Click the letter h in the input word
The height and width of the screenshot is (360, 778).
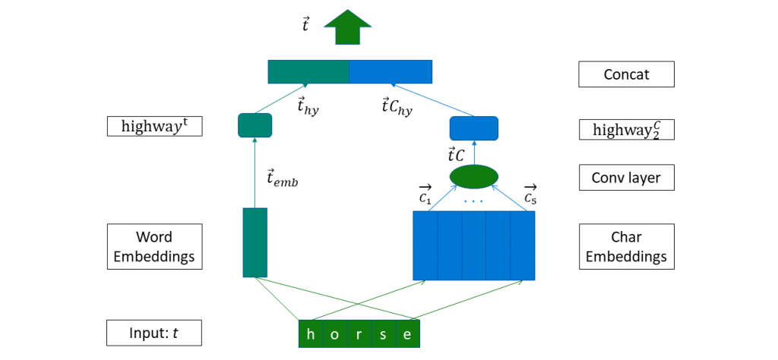[x=310, y=334]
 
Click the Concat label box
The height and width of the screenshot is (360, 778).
[x=625, y=74]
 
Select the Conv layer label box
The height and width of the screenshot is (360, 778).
[x=625, y=178]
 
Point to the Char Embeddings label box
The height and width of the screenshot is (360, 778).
[x=625, y=246]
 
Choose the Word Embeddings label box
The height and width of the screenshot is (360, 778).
[x=154, y=246]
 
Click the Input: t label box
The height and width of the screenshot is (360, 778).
[x=154, y=333]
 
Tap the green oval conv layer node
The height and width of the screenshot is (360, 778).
[x=473, y=176]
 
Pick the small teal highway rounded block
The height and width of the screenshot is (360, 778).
[x=255, y=125]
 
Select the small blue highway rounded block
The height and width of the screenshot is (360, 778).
[x=473, y=128]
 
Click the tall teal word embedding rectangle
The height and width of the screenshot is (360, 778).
[x=255, y=242]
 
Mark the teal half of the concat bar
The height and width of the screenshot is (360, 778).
[x=308, y=71]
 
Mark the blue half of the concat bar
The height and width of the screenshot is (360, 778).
[x=391, y=71]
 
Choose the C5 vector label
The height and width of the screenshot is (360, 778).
[x=530, y=194]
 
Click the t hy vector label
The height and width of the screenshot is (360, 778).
[x=308, y=107]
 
